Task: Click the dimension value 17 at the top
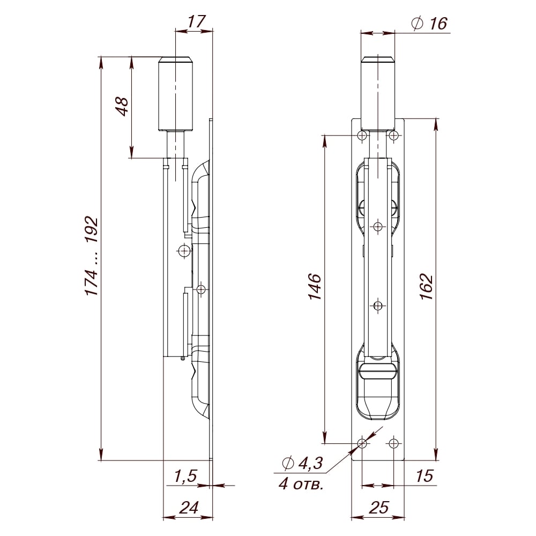point(196,21)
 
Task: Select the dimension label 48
point(122,106)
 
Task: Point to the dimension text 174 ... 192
point(92,256)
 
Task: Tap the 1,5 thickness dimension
point(185,476)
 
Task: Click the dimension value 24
point(189,507)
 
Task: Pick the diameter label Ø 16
point(430,24)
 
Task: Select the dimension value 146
point(315,286)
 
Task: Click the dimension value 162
point(427,286)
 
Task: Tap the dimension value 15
point(425,475)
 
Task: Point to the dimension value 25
point(379,507)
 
